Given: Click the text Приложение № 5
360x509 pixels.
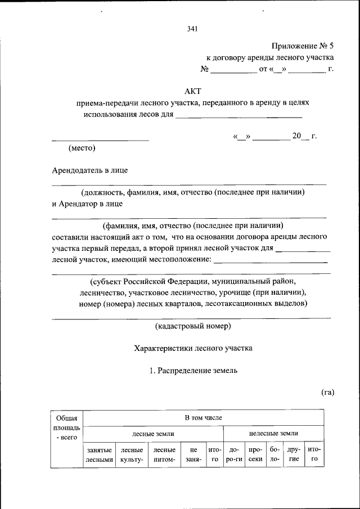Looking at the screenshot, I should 303,46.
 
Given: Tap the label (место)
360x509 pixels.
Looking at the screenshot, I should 82,148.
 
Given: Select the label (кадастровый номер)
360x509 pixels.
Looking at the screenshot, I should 193,326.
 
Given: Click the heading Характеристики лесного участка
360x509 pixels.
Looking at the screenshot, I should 193,348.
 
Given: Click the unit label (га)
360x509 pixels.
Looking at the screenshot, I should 328,392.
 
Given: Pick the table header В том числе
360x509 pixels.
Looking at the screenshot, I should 204,418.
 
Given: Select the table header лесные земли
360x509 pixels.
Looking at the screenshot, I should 153,434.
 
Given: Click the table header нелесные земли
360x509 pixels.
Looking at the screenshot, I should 273,434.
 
